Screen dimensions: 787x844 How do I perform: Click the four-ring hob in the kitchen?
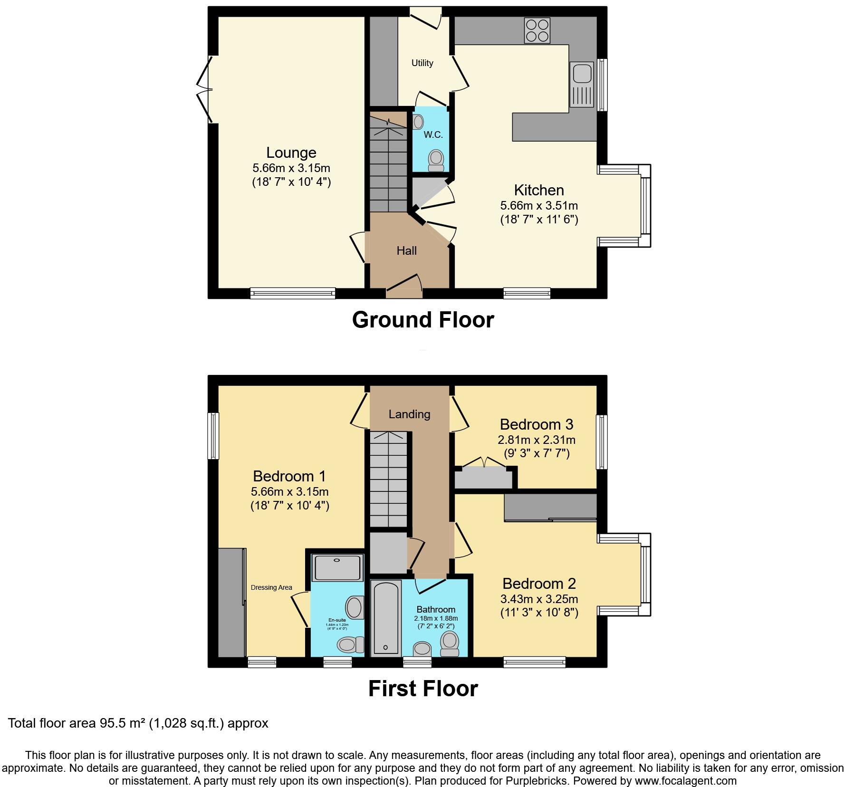point(537,30)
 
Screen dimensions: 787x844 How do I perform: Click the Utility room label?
point(422,63)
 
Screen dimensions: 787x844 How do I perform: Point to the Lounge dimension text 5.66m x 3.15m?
point(291,168)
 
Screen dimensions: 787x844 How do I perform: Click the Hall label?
point(406,250)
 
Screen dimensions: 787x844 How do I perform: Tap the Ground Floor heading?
point(422,319)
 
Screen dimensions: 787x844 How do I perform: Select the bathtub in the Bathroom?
point(385,617)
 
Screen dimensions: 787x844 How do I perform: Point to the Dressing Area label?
point(271,587)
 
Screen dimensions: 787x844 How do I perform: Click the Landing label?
point(409,414)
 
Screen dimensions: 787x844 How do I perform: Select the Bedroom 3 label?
point(536,424)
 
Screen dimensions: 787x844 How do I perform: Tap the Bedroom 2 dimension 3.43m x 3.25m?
point(539,599)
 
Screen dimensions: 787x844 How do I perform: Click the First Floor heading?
point(422,688)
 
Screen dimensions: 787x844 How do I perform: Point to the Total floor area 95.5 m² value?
point(138,723)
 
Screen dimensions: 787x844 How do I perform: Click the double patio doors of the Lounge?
point(203,89)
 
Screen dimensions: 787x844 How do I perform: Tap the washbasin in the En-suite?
point(354,607)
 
